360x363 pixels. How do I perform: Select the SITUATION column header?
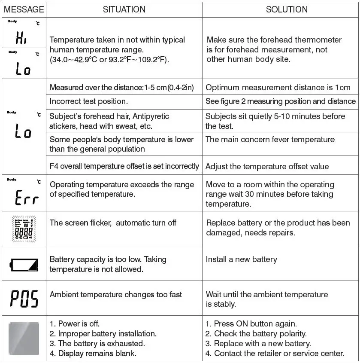(x=124, y=9)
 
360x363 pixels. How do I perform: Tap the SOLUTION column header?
(x=287, y=9)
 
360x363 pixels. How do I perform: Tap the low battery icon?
(x=24, y=263)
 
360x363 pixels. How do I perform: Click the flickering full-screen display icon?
(x=24, y=228)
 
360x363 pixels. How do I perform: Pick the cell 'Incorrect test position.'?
(x=89, y=101)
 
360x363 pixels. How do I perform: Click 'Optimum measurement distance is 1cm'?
(x=278, y=88)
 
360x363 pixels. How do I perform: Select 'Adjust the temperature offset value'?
(x=267, y=167)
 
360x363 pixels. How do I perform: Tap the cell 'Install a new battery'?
(x=241, y=259)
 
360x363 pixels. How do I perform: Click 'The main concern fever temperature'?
(x=270, y=139)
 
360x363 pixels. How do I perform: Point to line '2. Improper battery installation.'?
(x=103, y=333)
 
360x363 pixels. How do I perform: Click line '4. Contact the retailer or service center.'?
(x=275, y=354)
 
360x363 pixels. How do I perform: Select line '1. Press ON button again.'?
(x=251, y=323)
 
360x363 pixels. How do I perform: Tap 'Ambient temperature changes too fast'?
(x=116, y=294)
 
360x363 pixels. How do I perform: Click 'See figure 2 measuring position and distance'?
(x=281, y=101)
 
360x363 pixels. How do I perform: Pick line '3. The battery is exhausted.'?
(x=97, y=343)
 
